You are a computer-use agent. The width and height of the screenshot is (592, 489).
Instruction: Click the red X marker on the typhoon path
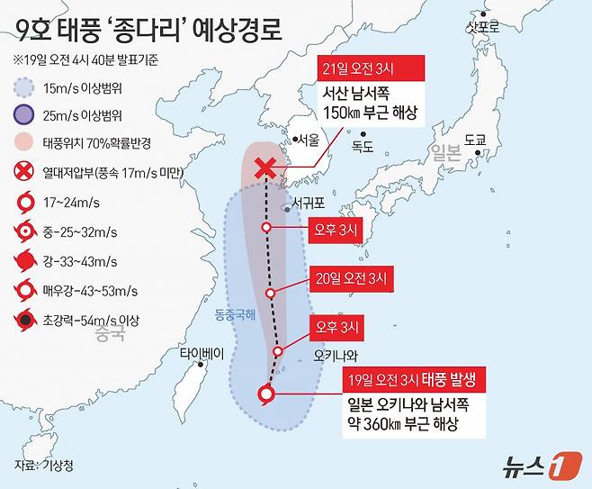(265, 168)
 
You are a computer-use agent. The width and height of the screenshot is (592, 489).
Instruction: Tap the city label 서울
(309, 140)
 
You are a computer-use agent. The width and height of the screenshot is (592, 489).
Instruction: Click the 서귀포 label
(306, 204)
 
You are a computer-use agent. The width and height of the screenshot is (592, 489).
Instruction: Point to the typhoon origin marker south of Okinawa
(265, 393)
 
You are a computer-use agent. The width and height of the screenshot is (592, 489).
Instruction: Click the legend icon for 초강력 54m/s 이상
(23, 319)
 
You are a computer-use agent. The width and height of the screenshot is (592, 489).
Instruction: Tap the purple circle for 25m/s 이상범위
(23, 114)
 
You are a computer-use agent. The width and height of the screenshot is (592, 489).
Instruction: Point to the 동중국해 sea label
(235, 315)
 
